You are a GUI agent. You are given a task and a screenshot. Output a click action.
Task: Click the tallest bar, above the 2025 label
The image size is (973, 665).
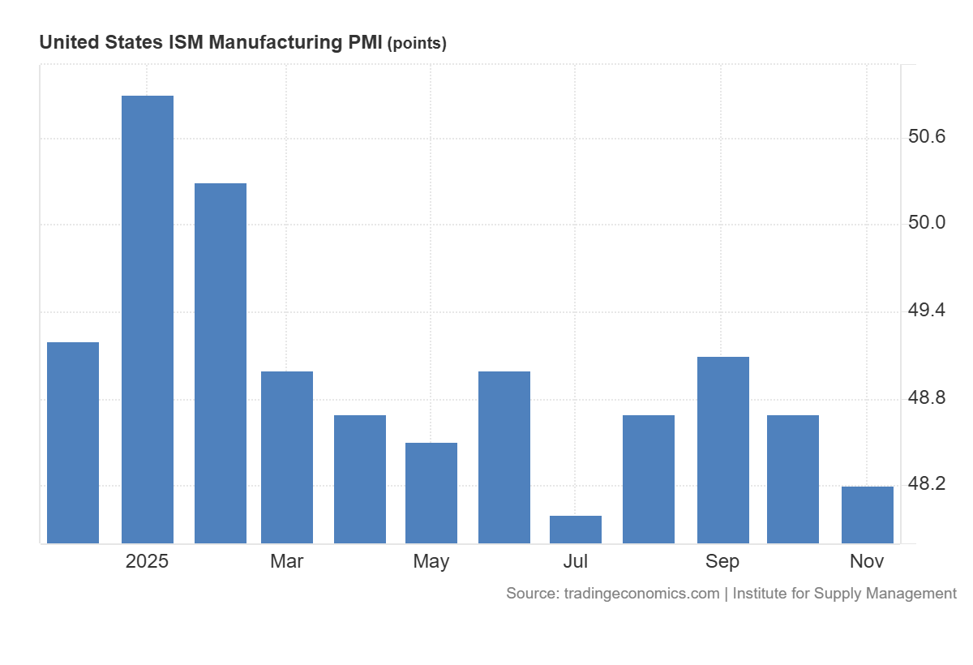tap(148, 320)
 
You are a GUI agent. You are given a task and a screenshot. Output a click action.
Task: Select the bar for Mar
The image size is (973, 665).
tap(287, 457)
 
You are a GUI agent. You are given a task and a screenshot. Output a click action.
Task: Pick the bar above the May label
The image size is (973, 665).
tap(431, 493)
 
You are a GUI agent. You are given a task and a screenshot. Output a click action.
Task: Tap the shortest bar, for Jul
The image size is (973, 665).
tap(576, 530)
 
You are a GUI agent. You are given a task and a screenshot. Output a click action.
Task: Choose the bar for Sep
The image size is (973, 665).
tap(722, 450)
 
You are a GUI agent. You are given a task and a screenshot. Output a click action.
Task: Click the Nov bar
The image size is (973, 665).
tap(867, 515)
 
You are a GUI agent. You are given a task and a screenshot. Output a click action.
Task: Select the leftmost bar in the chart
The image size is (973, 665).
tap(73, 443)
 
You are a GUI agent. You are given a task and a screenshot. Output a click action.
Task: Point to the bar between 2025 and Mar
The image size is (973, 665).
tap(221, 363)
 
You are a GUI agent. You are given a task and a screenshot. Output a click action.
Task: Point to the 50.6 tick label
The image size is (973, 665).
tap(927, 136)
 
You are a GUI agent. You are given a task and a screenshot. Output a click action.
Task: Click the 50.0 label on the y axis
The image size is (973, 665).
tap(927, 223)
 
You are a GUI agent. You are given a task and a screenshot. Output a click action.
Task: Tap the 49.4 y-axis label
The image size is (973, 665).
tap(927, 311)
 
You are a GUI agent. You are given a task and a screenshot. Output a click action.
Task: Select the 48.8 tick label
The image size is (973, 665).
tap(927, 397)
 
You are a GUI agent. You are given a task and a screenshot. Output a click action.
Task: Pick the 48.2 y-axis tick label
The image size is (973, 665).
tap(927, 484)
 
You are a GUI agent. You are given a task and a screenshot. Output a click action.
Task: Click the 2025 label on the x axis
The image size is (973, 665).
tap(147, 561)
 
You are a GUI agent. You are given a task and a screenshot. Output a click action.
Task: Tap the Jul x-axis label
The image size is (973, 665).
tap(576, 561)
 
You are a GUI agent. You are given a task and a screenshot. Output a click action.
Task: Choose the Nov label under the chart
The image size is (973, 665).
tap(867, 561)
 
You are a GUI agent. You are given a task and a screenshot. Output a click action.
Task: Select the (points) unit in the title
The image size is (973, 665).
tap(417, 44)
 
